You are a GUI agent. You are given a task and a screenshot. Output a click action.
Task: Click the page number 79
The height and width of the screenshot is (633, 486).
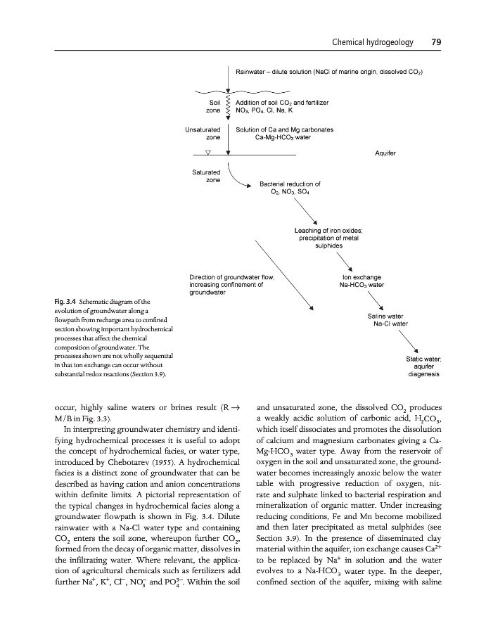coord(435,43)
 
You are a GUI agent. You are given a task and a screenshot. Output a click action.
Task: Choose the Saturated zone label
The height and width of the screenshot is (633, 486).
coord(206,176)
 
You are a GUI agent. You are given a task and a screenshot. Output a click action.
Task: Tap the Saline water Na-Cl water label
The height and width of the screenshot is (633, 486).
coord(385,320)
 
